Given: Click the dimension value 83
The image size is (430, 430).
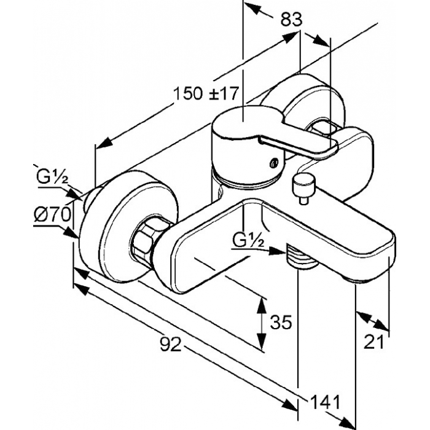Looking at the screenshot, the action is (x=291, y=20).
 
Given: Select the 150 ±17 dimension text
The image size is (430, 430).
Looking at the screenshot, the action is (x=205, y=93).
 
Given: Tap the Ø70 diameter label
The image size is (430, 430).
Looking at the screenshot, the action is (x=52, y=214).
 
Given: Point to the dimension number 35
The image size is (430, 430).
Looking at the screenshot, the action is (x=281, y=322).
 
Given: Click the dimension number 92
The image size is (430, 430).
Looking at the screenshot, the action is (x=171, y=344).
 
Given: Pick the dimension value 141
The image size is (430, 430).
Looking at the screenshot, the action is (x=325, y=402).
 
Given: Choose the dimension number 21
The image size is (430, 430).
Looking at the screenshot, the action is (x=373, y=342).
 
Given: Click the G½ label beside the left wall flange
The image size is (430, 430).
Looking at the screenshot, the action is (x=52, y=177).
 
